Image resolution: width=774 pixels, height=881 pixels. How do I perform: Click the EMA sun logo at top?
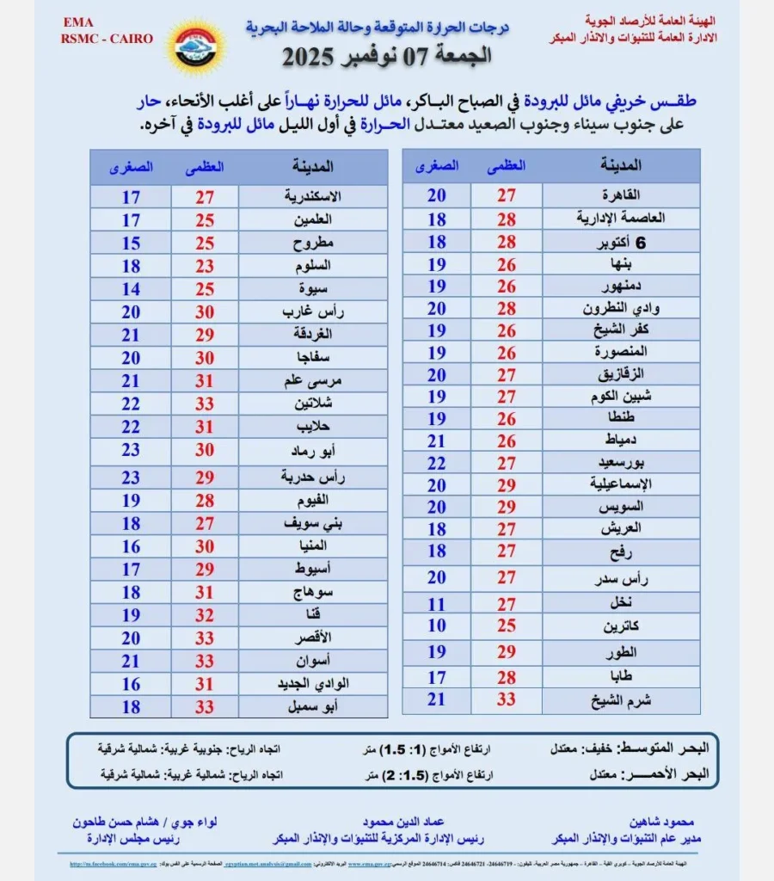tap(195, 46)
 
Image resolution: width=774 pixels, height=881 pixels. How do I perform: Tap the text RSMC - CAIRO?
tap(107, 39)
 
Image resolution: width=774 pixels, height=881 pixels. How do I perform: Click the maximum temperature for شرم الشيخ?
tap(507, 699)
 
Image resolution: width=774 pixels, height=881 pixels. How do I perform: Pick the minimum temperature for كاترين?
tap(437, 625)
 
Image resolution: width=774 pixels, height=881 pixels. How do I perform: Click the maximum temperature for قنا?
tap(205, 615)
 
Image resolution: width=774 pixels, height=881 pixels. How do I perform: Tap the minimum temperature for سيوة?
tap(131, 289)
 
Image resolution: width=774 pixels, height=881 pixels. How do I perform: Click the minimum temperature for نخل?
tap(437, 603)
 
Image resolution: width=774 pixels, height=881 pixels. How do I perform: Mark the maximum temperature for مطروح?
tap(205, 243)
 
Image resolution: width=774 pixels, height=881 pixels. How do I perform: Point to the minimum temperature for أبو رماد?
tap(131, 450)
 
